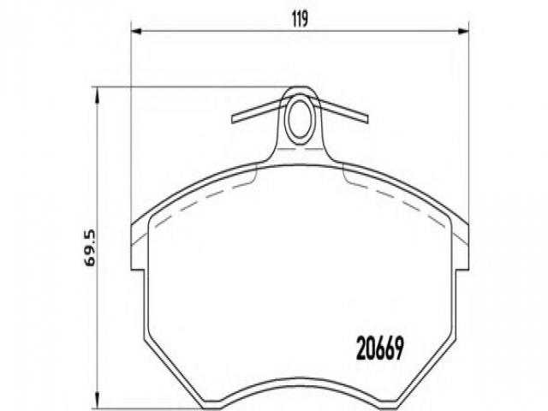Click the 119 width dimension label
pyautogui.click(x=300, y=19)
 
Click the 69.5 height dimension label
pyautogui.click(x=90, y=247)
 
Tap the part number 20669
pyautogui.click(x=380, y=348)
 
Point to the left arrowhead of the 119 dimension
pyautogui.click(x=135, y=32)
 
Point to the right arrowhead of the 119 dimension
pyautogui.click(x=463, y=32)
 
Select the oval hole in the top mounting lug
pyautogui.click(x=300, y=118)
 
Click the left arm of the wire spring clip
pyautogui.click(x=258, y=110)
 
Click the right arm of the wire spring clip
pyautogui.click(x=343, y=110)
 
